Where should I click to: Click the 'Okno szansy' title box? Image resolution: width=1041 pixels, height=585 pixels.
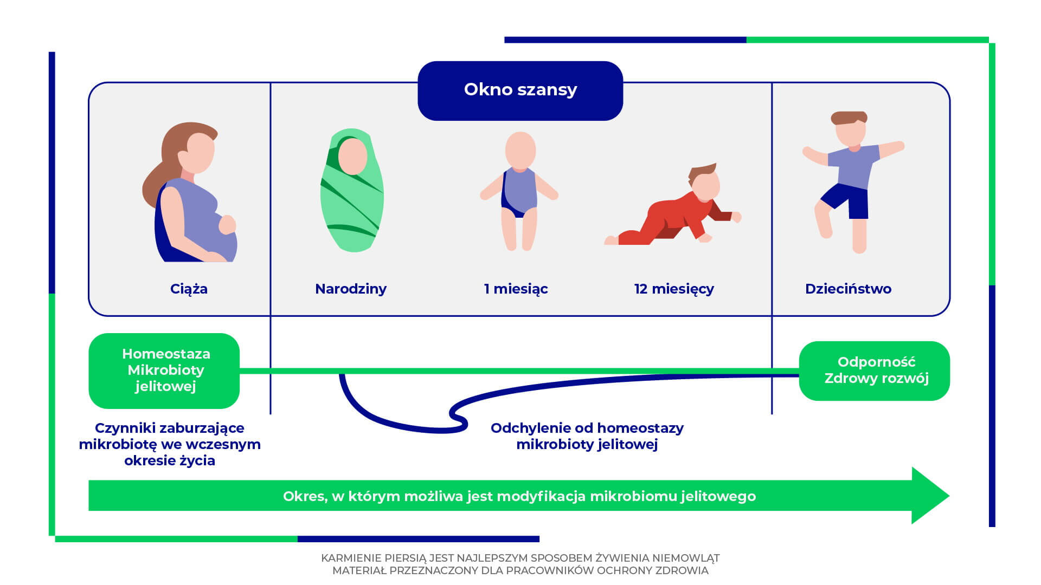pyautogui.click(x=520, y=90)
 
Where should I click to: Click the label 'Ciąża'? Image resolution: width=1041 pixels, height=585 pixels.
pyautogui.click(x=189, y=289)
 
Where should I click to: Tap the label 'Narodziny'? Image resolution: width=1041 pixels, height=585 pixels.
pyautogui.click(x=351, y=289)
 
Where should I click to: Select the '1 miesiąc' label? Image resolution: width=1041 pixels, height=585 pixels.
pyautogui.click(x=516, y=289)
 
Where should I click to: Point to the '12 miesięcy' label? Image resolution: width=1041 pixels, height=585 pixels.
pyautogui.click(x=674, y=289)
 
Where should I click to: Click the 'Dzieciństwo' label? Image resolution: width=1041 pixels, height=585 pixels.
pyautogui.click(x=848, y=289)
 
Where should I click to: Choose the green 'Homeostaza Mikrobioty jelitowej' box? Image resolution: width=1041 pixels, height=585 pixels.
pyautogui.click(x=164, y=370)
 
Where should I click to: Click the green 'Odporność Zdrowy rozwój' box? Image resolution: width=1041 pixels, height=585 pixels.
pyautogui.click(x=875, y=370)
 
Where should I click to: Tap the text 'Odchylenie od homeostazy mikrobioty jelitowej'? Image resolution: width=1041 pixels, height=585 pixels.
pyautogui.click(x=587, y=436)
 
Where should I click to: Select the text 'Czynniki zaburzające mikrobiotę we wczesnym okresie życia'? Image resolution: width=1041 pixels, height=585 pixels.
pyautogui.click(x=170, y=444)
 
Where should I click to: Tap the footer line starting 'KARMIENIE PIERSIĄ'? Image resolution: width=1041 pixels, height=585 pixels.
pyautogui.click(x=520, y=558)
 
